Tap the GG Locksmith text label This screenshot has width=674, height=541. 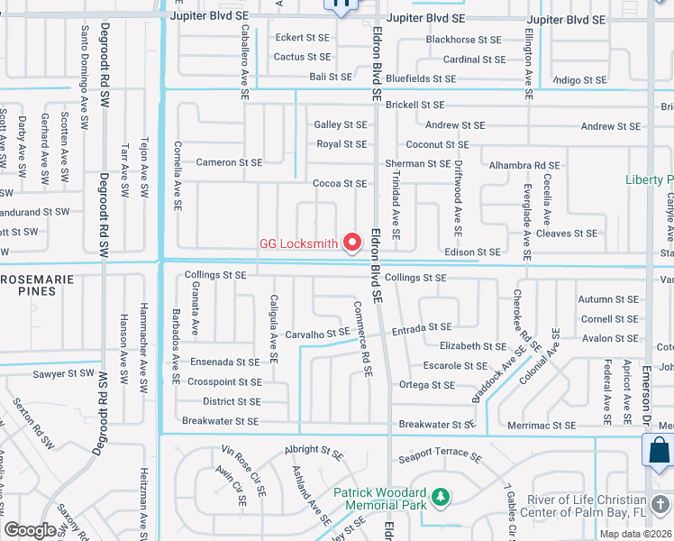point(298,243)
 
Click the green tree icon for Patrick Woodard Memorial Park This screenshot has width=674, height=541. point(440,497)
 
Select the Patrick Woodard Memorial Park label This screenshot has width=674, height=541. point(379,500)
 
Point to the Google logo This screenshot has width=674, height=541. point(30,529)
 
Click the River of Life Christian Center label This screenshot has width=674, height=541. point(586,508)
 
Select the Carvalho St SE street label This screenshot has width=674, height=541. point(316,333)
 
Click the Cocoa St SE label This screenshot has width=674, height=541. point(339,183)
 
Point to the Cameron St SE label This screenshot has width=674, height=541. point(229,162)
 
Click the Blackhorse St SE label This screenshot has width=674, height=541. point(463,40)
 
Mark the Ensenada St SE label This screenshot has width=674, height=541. point(225,362)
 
